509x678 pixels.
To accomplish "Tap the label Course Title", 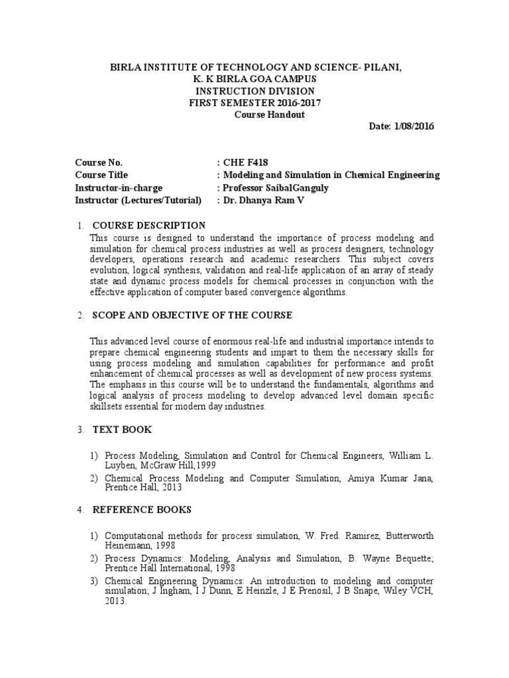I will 101,175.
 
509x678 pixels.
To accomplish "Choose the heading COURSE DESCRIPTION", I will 148,226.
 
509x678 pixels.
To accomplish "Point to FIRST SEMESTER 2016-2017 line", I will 254,102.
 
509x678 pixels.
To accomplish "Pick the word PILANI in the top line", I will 382,68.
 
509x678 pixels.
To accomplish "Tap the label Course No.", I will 99,163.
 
